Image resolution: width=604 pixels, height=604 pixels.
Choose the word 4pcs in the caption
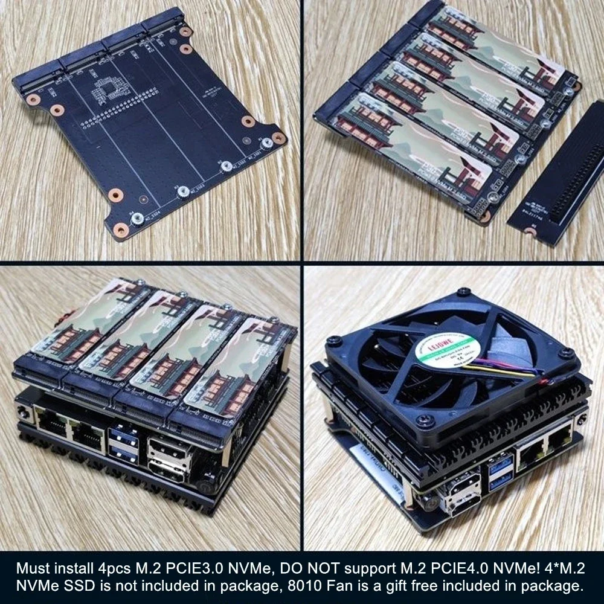(x=114, y=568)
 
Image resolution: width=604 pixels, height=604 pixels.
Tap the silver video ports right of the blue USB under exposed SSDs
(x=164, y=457)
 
